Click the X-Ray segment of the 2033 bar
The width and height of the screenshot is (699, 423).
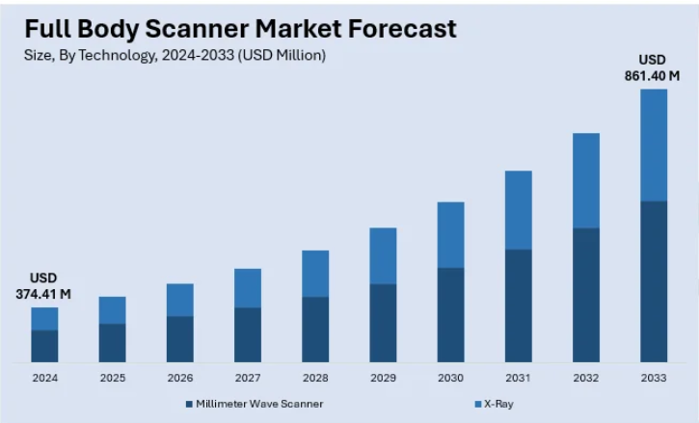(654, 145)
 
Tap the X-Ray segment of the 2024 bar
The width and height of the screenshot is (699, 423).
(44, 319)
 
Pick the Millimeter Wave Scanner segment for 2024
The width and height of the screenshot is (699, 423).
(44, 346)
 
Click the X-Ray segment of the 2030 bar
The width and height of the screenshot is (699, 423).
(450, 234)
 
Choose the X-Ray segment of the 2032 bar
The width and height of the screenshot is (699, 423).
(586, 180)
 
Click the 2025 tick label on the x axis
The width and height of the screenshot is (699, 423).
(112, 379)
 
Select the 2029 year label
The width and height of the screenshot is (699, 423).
(383, 379)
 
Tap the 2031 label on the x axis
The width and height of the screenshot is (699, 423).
(519, 379)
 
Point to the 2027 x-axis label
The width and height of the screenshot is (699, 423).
(248, 379)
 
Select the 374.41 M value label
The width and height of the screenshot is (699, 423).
(43, 293)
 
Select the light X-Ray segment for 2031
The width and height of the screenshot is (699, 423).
(519, 210)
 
